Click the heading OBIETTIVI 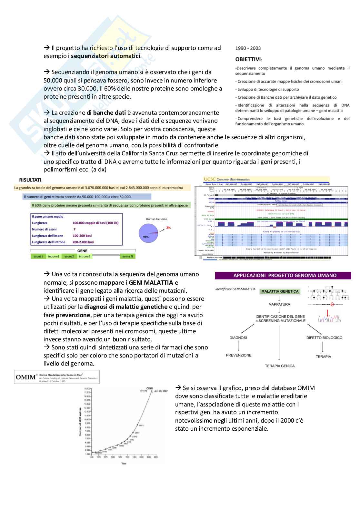click(248, 60)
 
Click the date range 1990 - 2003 click(248, 48)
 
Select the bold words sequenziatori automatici click(106, 56)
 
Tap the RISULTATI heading click(30, 180)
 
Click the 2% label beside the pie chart click(168, 228)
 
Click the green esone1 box click(38, 256)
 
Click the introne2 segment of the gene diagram click(85, 256)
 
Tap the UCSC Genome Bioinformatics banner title click(227, 179)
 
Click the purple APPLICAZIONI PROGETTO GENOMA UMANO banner click(283, 276)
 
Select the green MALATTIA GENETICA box click(280, 291)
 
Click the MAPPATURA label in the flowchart click(279, 304)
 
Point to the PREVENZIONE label click(239, 355)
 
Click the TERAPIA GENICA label click(280, 366)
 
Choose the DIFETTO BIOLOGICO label click(324, 338)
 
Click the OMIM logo click(25, 377)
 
